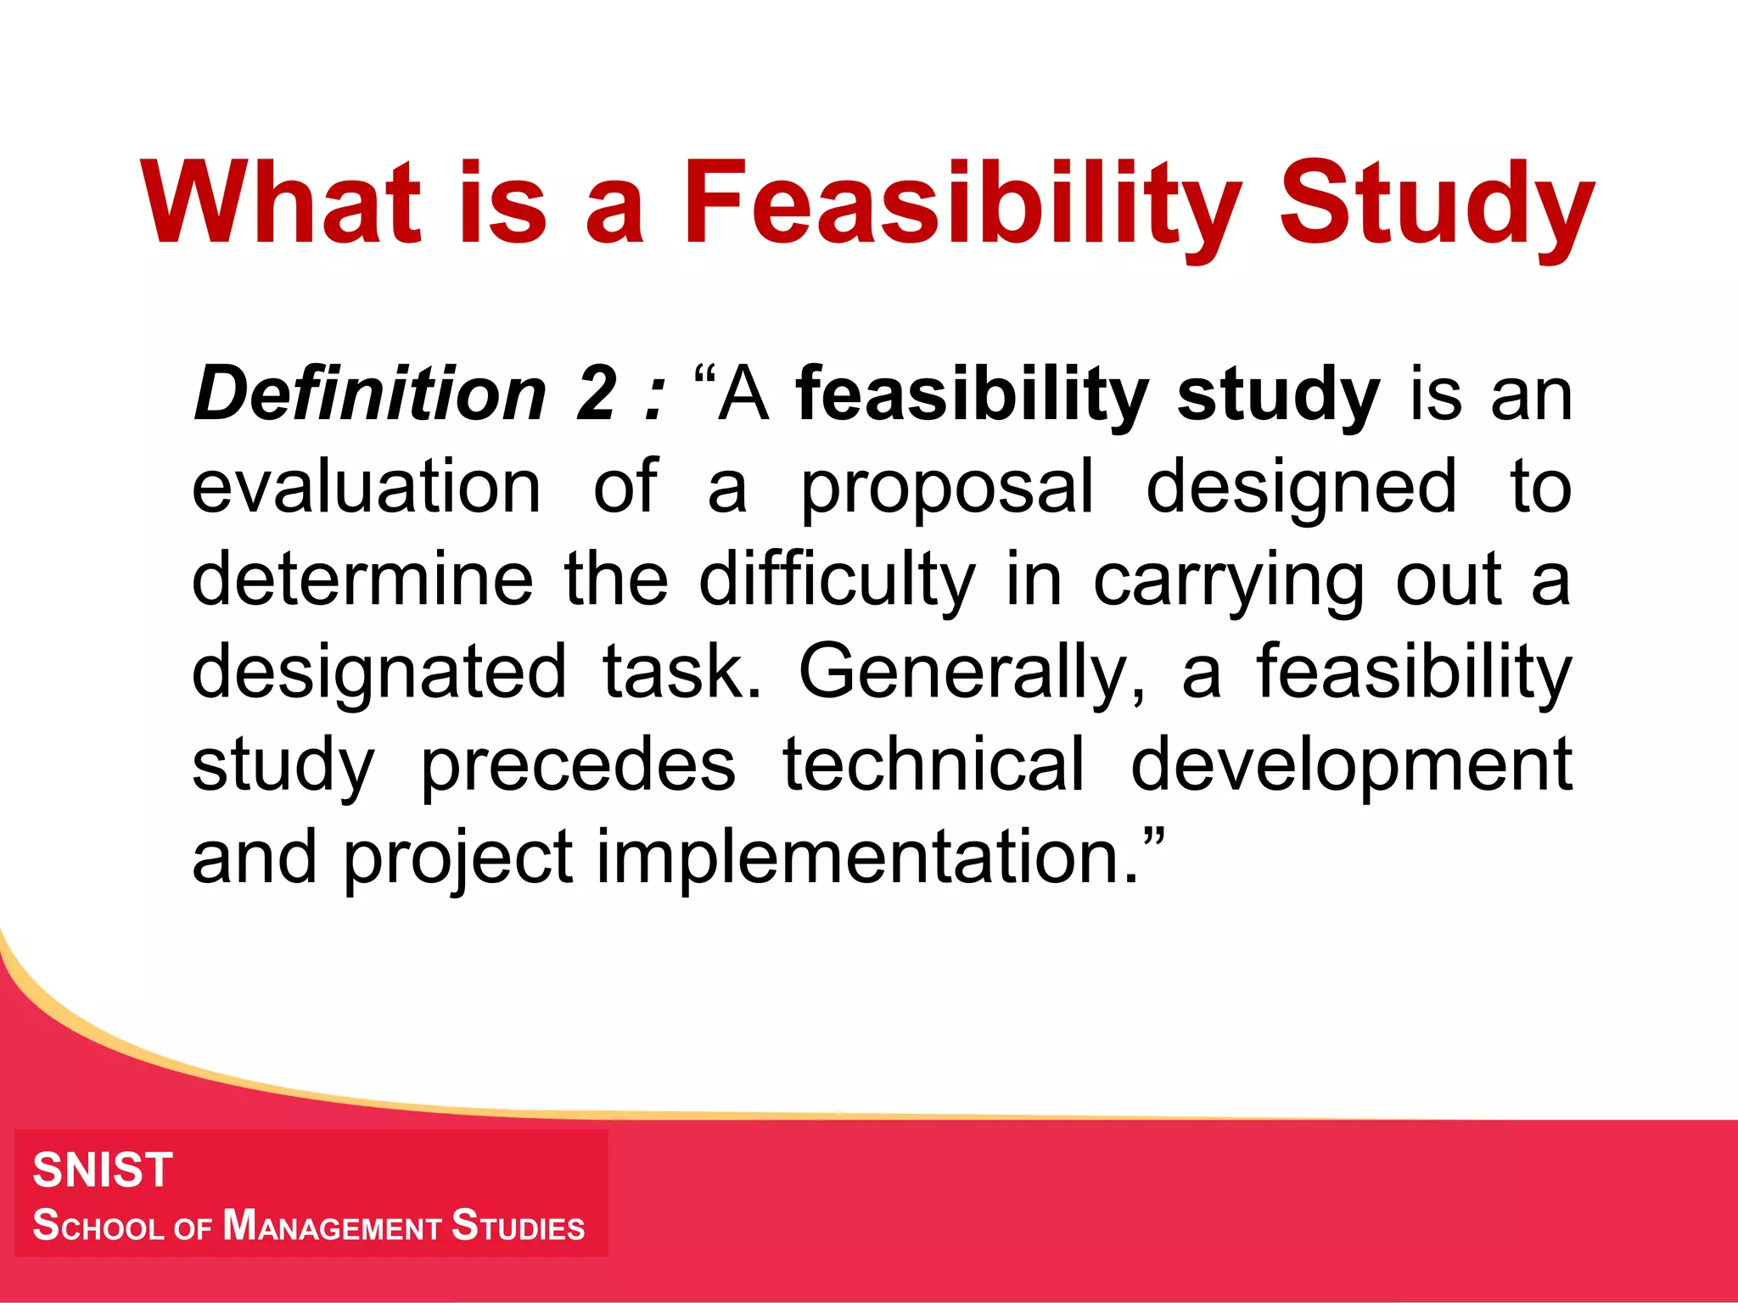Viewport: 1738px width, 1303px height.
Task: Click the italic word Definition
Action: point(370,394)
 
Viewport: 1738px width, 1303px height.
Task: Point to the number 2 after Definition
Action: point(596,394)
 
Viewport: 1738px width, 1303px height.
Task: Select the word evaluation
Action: point(366,487)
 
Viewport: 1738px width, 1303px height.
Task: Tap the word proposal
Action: point(947,489)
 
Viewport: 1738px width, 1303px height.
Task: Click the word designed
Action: point(1302,489)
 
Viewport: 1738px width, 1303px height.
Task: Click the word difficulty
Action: point(837,581)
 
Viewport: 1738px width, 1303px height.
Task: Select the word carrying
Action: point(1229,582)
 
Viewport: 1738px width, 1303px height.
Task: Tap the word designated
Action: point(378,673)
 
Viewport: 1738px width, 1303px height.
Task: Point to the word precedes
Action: point(578,767)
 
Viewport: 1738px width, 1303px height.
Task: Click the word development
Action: point(1351,767)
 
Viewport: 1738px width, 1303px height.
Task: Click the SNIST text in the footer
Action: point(103,1170)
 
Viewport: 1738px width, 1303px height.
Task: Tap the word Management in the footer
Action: point(332,1226)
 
